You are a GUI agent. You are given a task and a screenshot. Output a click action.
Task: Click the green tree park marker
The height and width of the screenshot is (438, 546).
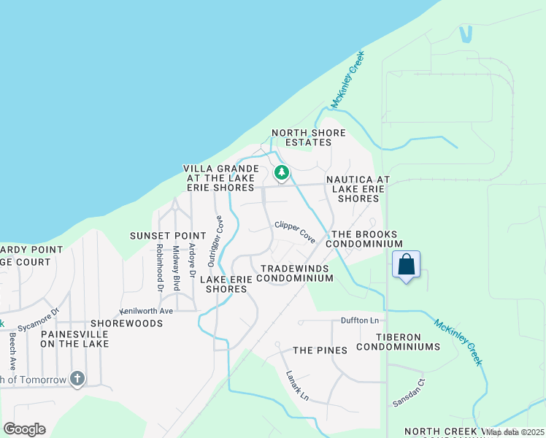coord(281,173)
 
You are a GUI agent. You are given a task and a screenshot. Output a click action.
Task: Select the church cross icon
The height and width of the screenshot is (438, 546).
coord(77,379)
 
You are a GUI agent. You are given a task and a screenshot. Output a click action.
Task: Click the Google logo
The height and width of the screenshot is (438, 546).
coord(24,429)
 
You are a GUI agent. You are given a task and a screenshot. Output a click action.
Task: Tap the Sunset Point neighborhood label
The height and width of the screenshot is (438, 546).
coord(164,236)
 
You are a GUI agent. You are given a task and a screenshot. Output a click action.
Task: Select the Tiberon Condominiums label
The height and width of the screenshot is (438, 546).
coord(398,342)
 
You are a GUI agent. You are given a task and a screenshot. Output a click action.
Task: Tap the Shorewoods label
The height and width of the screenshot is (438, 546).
coord(126,323)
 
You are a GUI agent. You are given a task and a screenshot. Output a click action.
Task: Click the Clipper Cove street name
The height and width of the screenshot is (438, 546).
coord(295,232)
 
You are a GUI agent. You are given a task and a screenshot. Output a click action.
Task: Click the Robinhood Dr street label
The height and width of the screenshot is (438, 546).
coord(158,268)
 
